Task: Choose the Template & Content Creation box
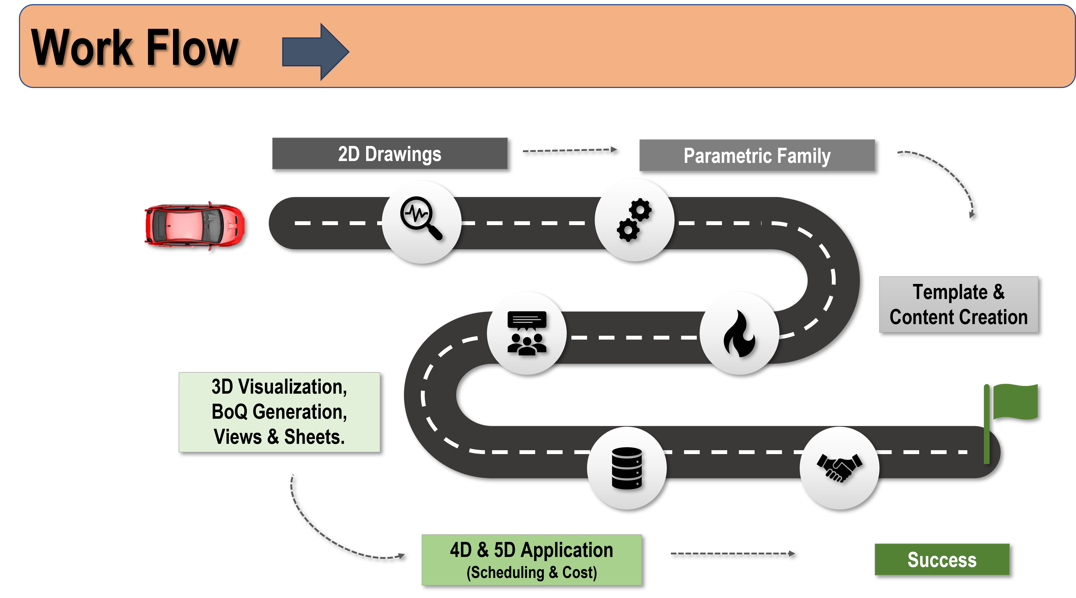coord(958,304)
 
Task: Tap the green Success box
coord(942,559)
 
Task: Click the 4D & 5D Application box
coord(531,559)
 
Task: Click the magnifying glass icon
coord(421,218)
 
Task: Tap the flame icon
coord(739,333)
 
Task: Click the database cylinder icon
coord(626,468)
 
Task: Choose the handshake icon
coord(839,468)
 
